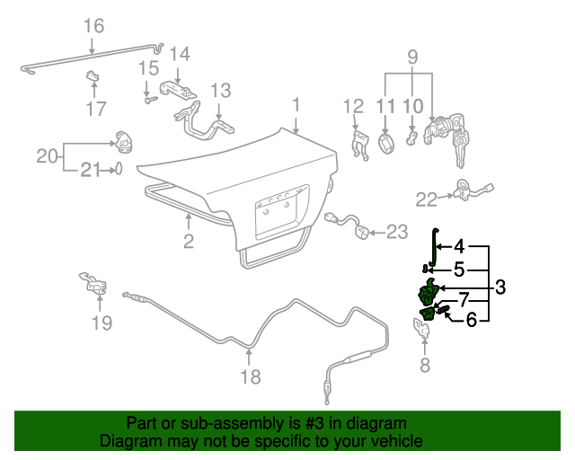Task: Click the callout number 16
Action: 93,25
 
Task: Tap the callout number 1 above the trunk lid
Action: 296,106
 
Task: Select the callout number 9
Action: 412,57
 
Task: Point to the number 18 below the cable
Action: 252,376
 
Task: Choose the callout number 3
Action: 500,287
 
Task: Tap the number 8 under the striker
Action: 425,365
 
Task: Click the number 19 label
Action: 102,323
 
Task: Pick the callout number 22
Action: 426,199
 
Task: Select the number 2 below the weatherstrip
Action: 189,240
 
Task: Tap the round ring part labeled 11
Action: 385,144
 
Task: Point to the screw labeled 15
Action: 147,100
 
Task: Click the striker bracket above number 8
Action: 423,330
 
